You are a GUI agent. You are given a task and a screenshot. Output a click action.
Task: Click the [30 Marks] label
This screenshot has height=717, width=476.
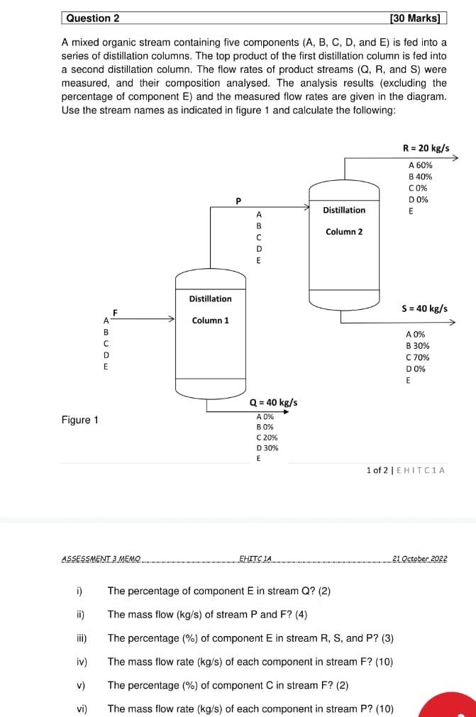pos(415,18)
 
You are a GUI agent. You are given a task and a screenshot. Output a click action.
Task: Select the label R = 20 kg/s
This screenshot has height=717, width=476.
pos(426,149)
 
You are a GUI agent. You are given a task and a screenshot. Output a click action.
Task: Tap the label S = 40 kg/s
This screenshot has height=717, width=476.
pos(424,309)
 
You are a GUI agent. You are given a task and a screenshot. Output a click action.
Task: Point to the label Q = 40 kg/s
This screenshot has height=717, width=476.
pos(274,403)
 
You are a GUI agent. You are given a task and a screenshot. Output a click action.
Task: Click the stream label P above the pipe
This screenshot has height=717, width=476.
pos(239,200)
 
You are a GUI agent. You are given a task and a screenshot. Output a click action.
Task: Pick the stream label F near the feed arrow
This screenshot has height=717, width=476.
pos(114,312)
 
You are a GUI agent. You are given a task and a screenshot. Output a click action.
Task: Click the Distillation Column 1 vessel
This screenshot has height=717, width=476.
pos(210,333)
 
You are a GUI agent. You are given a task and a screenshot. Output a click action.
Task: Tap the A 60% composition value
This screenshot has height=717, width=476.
pos(420,165)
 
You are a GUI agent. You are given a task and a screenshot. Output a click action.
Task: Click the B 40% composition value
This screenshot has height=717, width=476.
pos(420,177)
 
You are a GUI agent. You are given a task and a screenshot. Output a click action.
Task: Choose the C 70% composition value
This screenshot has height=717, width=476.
pos(417,357)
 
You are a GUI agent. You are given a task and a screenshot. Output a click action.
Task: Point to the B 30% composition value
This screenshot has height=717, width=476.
pos(417,346)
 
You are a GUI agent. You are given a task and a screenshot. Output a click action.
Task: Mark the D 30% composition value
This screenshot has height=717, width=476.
pos(267,448)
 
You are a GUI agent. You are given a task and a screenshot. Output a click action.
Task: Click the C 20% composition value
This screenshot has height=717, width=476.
pos(267,438)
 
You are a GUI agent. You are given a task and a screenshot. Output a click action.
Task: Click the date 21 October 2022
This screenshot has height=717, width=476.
pos(420,559)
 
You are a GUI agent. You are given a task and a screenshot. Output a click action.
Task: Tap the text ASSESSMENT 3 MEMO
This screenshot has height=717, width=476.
pos(101,559)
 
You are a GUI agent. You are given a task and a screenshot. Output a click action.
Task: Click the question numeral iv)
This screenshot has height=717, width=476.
pos(81,662)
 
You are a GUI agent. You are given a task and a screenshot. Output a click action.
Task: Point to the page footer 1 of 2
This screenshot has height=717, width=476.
pos(378,470)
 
